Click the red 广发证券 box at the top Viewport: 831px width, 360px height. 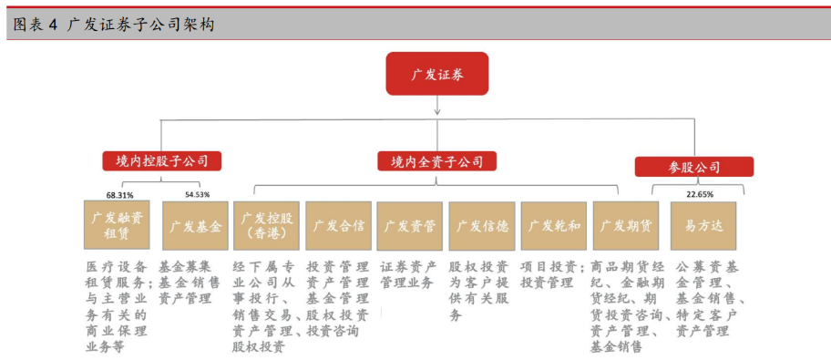tap(436, 74)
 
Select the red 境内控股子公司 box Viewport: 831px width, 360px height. tap(161, 161)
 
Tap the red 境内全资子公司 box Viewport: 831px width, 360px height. tap(436, 161)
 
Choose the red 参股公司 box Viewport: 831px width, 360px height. tap(693, 167)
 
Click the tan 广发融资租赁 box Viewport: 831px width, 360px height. tap(117, 225)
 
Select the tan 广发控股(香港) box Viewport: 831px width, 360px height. tap(266, 225)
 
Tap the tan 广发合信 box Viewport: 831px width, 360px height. tap(338, 225)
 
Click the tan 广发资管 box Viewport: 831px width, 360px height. tap(409, 225)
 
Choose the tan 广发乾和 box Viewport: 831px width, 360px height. tap(553, 225)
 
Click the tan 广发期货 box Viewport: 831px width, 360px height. tap(625, 225)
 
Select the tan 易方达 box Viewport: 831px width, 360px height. tap(703, 225)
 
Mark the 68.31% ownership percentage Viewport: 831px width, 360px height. tap(119, 194)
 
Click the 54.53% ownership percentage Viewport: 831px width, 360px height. tap(197, 194)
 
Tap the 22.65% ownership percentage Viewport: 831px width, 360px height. tap(699, 194)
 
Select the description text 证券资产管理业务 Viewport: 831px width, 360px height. tap(408, 275)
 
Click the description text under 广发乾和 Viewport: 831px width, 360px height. tap(552, 275)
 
